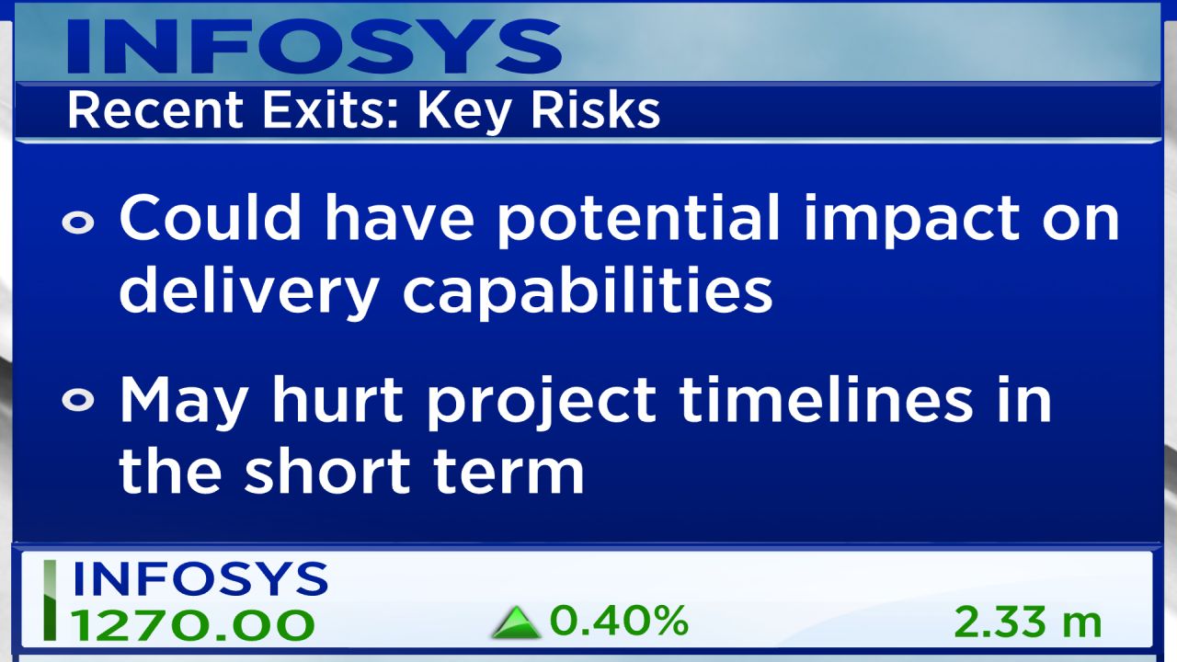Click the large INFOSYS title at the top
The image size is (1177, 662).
pyautogui.click(x=314, y=46)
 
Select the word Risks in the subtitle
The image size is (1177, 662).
pyautogui.click(x=595, y=110)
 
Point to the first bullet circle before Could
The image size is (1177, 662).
pyautogui.click(x=78, y=222)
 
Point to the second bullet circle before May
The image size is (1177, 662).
pyautogui.click(x=78, y=400)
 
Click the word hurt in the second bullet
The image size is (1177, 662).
pyautogui.click(x=337, y=399)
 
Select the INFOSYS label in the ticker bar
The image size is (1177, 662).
pyautogui.click(x=200, y=578)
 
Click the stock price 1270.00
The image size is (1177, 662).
pyautogui.click(x=192, y=624)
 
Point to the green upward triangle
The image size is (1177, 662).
pyautogui.click(x=516, y=623)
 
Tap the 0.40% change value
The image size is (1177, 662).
pyautogui.click(x=619, y=621)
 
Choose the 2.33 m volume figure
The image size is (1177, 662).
pyautogui.click(x=1028, y=622)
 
